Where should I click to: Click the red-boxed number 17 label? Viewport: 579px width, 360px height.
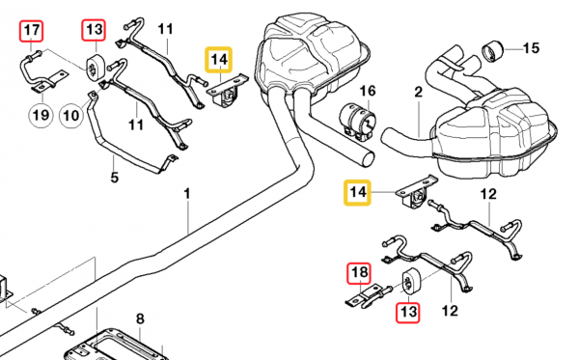pos(32,31)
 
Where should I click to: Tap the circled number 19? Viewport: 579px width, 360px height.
pos(40,117)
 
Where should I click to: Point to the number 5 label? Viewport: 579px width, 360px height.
pos(114,177)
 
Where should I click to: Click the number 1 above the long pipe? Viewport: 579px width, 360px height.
pos(188,194)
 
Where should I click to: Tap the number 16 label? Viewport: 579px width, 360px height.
pos(367,93)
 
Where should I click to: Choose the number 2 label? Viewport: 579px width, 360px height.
pos(420,93)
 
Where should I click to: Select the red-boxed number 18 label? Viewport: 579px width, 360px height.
pos(357,274)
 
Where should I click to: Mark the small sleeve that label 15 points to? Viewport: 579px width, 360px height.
pos(497,47)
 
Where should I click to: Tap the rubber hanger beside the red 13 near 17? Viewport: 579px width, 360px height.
pos(96,67)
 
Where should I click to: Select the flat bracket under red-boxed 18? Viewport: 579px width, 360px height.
pos(359,303)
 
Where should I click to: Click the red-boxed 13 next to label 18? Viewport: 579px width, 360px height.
pos(408,312)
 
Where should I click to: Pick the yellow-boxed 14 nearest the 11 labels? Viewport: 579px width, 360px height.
pos(219,61)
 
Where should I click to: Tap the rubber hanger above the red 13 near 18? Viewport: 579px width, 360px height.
pos(408,283)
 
